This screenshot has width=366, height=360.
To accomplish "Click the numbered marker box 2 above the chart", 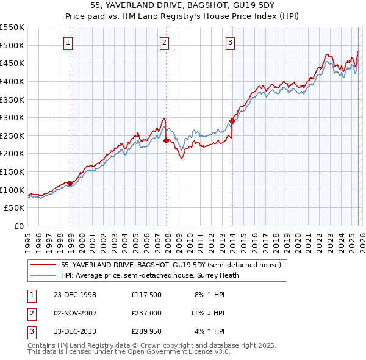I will pyautogui.click(x=165, y=42).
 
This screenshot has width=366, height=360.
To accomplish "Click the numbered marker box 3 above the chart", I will pyautogui.click(x=230, y=42).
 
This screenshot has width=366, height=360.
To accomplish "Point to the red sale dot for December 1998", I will pyautogui.click(x=70, y=182).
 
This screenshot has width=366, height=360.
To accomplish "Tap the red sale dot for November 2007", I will pyautogui.click(x=167, y=140).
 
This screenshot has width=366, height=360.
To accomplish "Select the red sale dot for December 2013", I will pyautogui.click(x=232, y=121).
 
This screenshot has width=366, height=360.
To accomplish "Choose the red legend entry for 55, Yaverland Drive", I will pyautogui.click(x=170, y=265).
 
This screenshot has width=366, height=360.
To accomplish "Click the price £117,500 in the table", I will pyautogui.click(x=145, y=295).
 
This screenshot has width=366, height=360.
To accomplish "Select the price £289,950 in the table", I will pyautogui.click(x=145, y=331).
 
